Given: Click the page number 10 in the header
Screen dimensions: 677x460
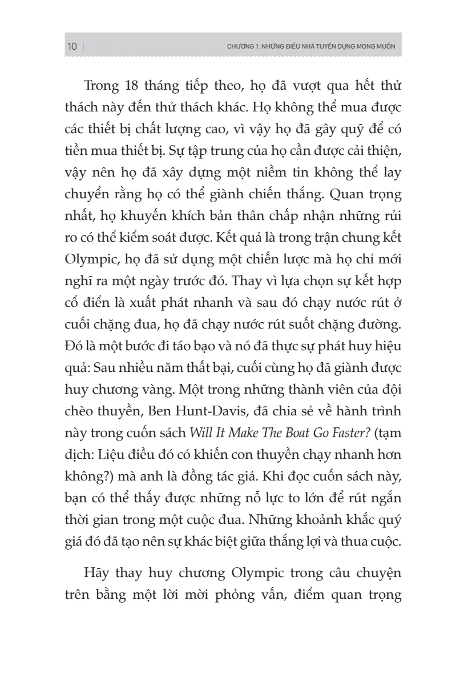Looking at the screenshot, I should pyautogui.click(x=72, y=46).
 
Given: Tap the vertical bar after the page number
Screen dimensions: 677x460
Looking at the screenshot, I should pyautogui.click(x=83, y=46).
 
